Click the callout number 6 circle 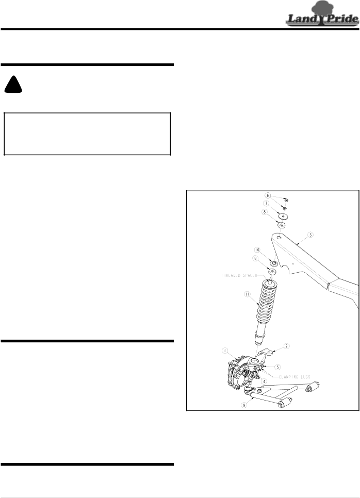coord(268,195)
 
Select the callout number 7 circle coord(266,203)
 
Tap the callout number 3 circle coord(310,235)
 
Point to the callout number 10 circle coord(257,250)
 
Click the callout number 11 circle coord(248,294)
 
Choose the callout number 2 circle coord(286,346)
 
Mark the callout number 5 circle coord(277,367)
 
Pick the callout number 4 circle coord(264,381)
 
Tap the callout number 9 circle coord(244,405)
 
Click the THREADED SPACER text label coord(239,275)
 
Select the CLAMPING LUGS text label coord(294,377)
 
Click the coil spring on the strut coord(266,300)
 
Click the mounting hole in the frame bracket coord(279,237)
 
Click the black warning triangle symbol coord(13,84)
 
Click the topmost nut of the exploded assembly coord(286,200)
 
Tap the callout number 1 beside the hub coord(225,351)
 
